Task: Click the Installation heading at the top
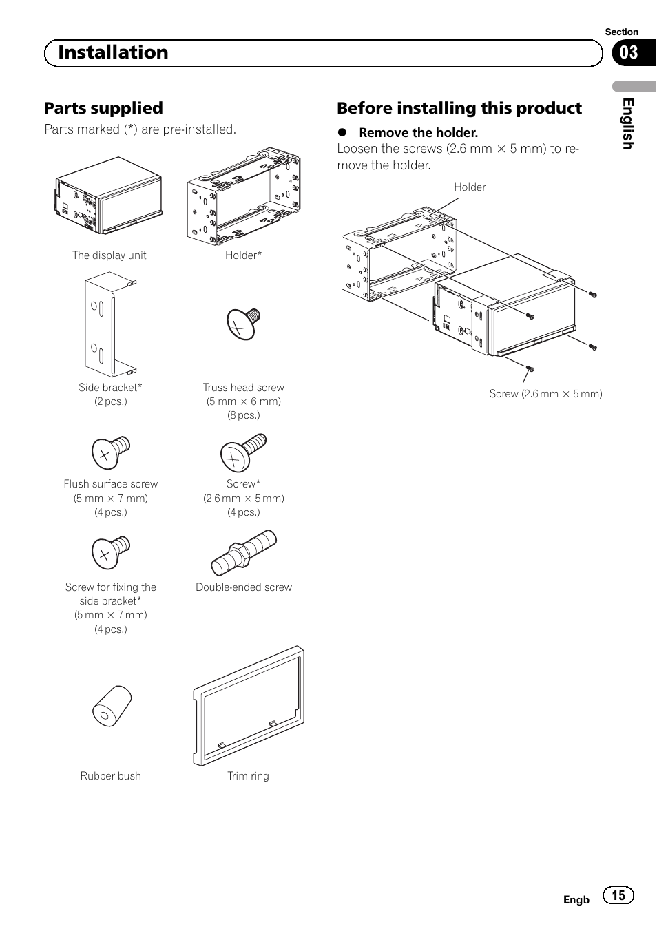point(113,52)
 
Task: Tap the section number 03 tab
point(629,53)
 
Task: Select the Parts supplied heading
point(103,108)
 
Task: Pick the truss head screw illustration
point(243,323)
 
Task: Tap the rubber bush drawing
point(112,706)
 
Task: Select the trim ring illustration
point(248,706)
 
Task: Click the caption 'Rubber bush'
point(110,776)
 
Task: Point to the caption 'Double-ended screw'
point(244,587)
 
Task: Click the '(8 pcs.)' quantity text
point(244,415)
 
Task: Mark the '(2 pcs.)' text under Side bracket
point(110,401)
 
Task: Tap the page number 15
point(618,895)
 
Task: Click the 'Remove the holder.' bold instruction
point(418,132)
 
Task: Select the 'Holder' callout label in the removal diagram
point(470,187)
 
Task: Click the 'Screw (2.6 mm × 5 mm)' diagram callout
point(545,394)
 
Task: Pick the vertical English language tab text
point(627,123)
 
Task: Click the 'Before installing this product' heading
point(459,108)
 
